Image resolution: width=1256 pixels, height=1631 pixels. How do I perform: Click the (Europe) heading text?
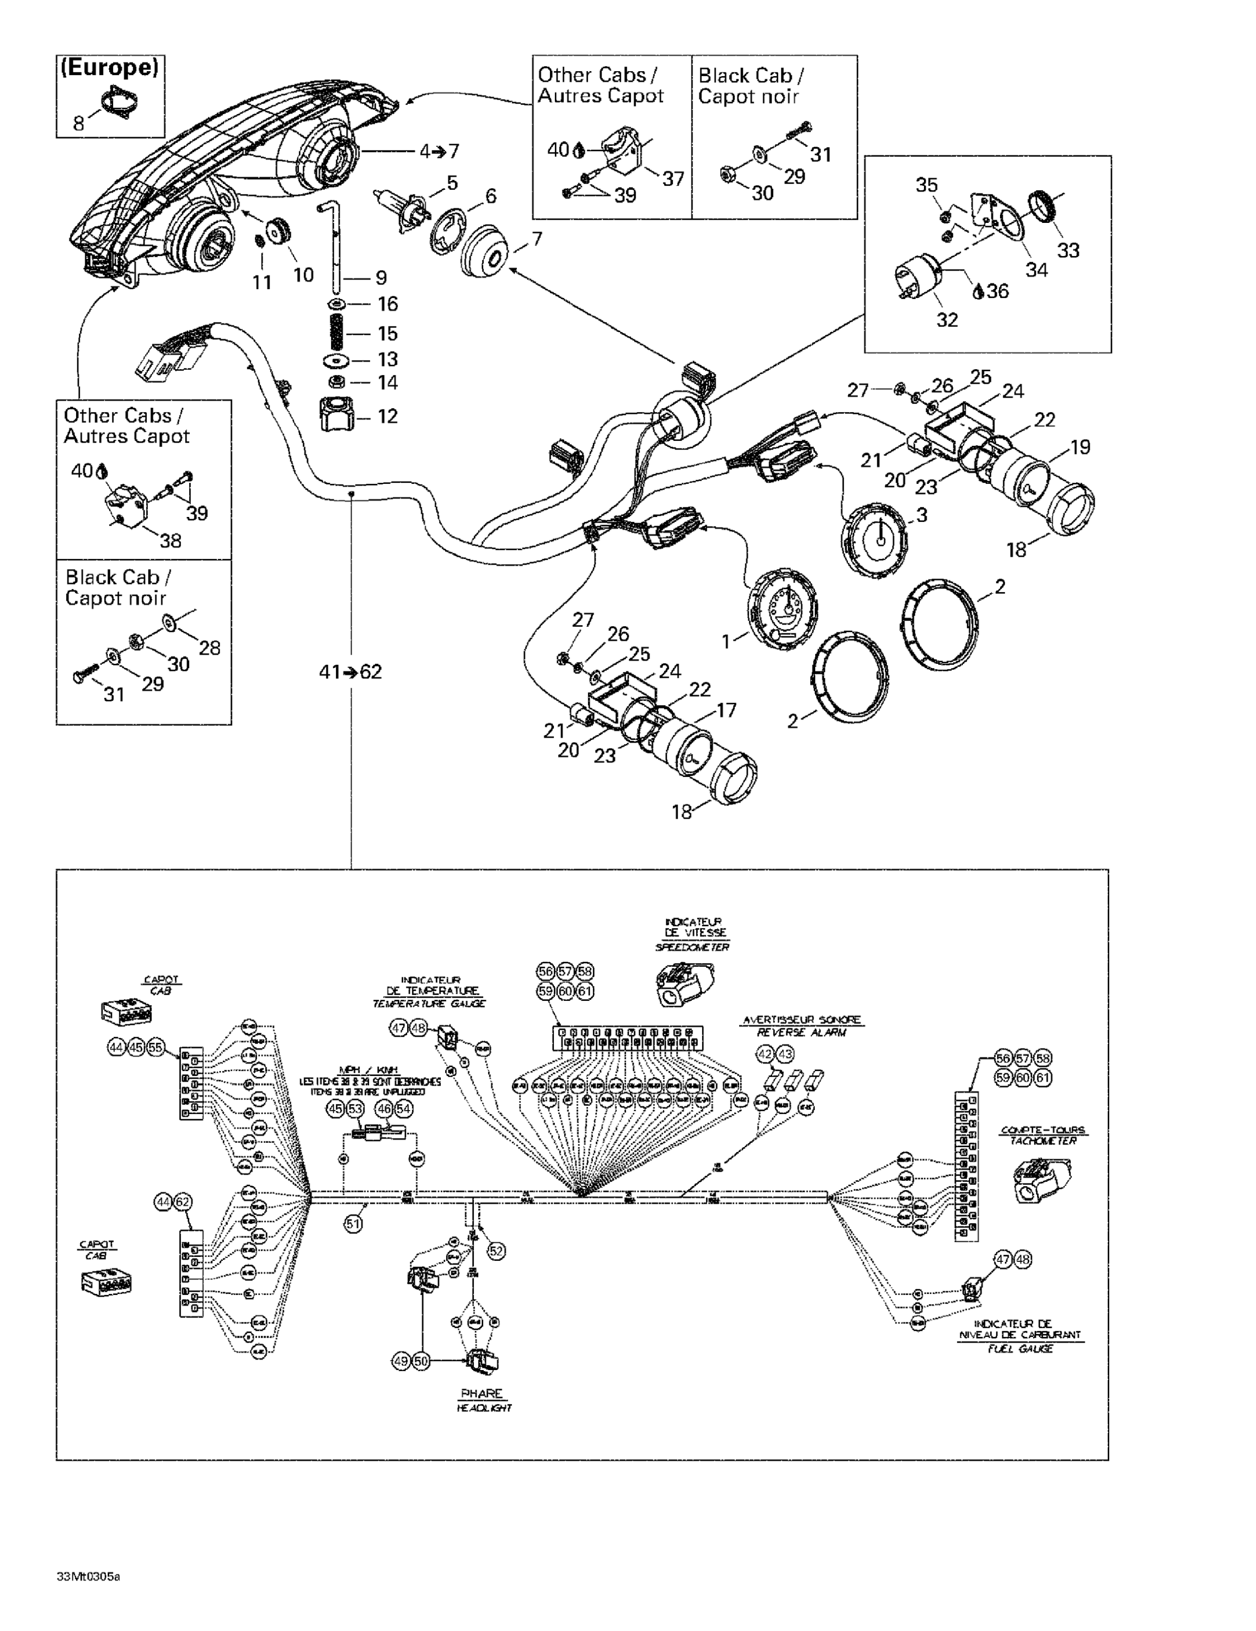110,68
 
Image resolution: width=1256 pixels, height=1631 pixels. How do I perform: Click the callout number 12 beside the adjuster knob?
387,416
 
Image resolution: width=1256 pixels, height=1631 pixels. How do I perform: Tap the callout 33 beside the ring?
1068,250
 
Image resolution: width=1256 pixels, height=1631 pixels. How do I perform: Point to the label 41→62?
350,671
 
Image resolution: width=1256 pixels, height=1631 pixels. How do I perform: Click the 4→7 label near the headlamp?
439,151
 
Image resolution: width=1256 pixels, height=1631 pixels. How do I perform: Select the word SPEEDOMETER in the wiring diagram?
691,947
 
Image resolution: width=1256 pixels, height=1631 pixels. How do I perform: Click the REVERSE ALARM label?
801,1032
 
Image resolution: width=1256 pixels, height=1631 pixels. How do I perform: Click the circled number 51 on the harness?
353,1223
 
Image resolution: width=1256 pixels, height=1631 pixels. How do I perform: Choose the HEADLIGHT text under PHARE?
484,1408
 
